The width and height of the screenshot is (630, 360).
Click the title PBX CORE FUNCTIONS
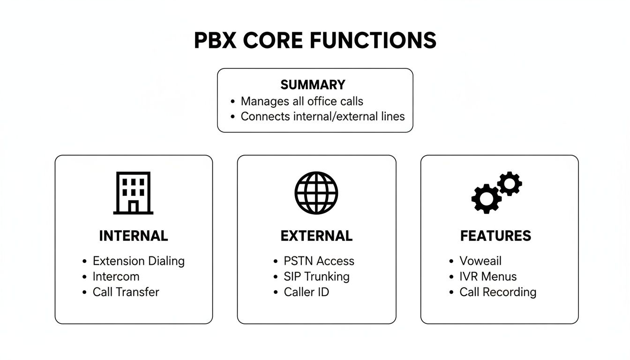click(x=315, y=41)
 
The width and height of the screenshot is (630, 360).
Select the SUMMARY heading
click(x=313, y=85)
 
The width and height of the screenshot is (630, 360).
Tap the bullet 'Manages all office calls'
click(x=302, y=101)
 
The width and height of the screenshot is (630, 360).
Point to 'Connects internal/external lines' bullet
click(x=322, y=116)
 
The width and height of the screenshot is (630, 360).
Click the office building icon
click(x=133, y=193)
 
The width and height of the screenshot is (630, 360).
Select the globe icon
click(x=316, y=193)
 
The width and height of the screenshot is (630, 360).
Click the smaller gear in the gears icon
click(x=509, y=183)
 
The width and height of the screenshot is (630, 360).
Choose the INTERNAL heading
click(x=133, y=236)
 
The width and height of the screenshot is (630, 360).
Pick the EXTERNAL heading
click(x=316, y=236)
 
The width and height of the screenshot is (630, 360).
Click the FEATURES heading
click(x=495, y=236)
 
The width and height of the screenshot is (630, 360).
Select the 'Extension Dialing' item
click(x=138, y=261)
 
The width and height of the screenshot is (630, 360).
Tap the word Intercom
click(x=116, y=277)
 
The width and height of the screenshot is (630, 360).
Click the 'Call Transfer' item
click(x=126, y=292)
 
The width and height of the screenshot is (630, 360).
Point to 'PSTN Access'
click(x=319, y=261)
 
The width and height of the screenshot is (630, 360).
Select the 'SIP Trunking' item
click(x=316, y=277)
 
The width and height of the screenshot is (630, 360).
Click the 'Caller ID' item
click(x=306, y=292)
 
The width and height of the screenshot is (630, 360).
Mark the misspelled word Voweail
click(x=480, y=261)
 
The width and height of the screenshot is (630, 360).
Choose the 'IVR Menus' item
click(x=488, y=277)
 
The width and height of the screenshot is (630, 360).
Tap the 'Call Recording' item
click(x=497, y=292)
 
